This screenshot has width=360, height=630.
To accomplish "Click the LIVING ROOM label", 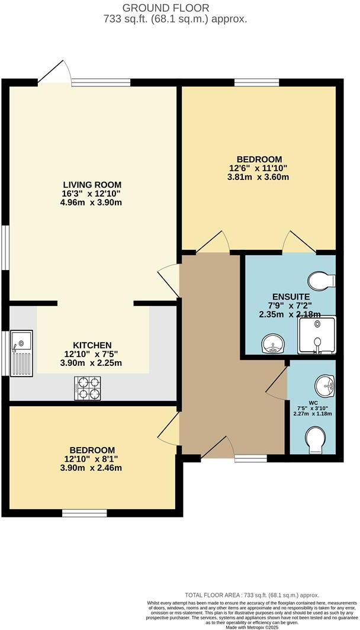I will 92,184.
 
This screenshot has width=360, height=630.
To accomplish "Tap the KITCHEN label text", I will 92,345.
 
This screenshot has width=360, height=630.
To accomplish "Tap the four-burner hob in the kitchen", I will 88,388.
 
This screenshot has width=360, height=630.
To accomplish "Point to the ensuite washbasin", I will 272,343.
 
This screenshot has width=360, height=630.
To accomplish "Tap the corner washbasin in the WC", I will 324,385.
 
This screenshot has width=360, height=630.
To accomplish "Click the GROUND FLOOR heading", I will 165,8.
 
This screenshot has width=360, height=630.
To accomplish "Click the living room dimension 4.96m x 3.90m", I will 92,202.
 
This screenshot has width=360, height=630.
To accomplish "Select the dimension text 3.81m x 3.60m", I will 259,176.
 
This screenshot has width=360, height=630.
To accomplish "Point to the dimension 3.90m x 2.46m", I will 92,468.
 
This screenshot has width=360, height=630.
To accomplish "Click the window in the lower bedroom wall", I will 85,512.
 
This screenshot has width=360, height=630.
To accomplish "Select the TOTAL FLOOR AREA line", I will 251,595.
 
